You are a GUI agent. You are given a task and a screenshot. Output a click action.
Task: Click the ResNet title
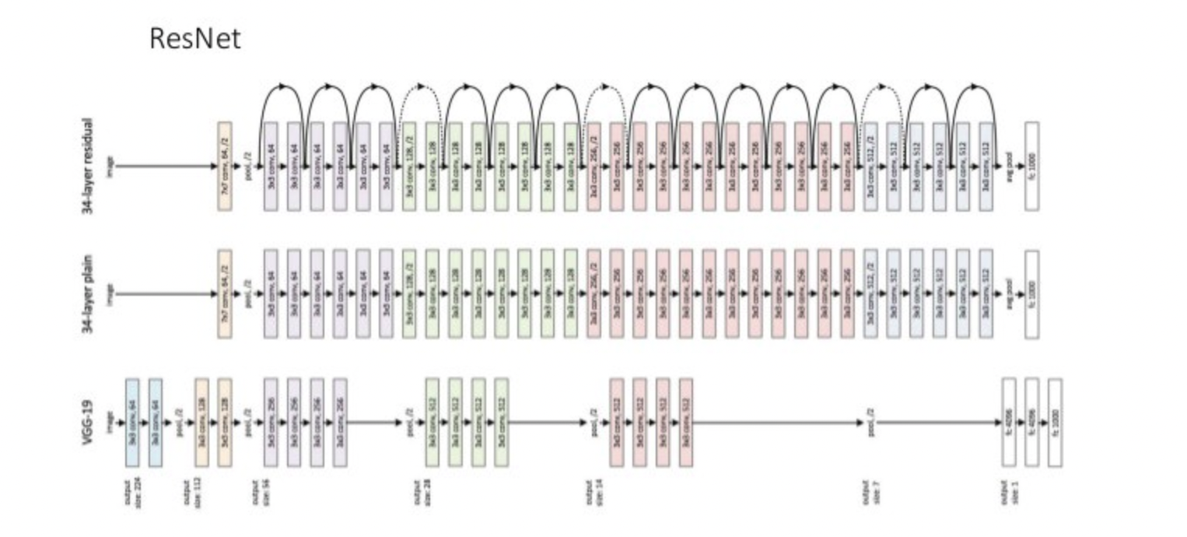[195, 38]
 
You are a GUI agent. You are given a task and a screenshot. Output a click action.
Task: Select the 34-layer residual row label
[87, 166]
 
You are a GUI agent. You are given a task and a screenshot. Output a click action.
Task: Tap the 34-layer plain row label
[87, 294]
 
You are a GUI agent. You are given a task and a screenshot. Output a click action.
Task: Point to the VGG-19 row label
[87, 423]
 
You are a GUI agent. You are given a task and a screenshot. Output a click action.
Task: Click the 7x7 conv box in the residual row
[225, 166]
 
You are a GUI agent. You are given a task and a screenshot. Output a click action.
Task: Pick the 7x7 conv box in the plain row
[225, 294]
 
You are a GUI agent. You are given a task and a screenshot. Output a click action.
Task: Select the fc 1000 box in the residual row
[1032, 166]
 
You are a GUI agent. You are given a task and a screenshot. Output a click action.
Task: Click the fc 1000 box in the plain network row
[1032, 294]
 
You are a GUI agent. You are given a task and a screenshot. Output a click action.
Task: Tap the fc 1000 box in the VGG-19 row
[1055, 423]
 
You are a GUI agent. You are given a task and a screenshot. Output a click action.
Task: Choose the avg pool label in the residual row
[1010, 166]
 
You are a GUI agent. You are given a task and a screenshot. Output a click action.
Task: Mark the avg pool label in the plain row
[1010, 294]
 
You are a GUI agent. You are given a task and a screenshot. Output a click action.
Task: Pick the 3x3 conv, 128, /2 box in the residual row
[409, 166]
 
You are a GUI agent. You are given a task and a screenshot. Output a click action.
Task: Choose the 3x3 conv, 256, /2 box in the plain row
[593, 294]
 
